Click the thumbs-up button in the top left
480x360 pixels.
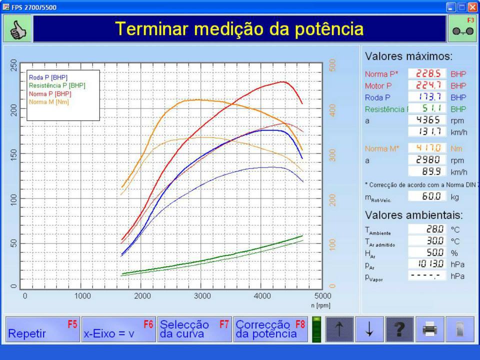click(x=17, y=29)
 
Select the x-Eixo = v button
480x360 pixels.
click(x=119, y=329)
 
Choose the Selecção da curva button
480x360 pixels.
click(x=194, y=329)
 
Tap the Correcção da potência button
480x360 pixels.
click(x=270, y=329)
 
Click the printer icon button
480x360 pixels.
click(x=430, y=329)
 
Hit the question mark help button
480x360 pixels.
click(x=399, y=329)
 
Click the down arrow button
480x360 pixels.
click(x=369, y=329)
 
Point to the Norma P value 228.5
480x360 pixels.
click(x=427, y=73)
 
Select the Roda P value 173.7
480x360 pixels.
click(x=427, y=97)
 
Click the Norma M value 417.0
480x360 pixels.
click(x=427, y=148)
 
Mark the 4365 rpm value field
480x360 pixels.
click(x=427, y=120)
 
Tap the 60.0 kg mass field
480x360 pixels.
click(x=427, y=196)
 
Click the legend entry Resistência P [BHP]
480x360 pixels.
click(x=57, y=85)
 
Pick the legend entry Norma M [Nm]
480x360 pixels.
click(x=49, y=102)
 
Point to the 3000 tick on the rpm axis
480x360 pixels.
click(x=202, y=296)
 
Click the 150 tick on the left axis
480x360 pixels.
click(x=14, y=153)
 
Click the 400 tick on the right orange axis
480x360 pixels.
click(x=333, y=110)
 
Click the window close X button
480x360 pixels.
click(x=472, y=7)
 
